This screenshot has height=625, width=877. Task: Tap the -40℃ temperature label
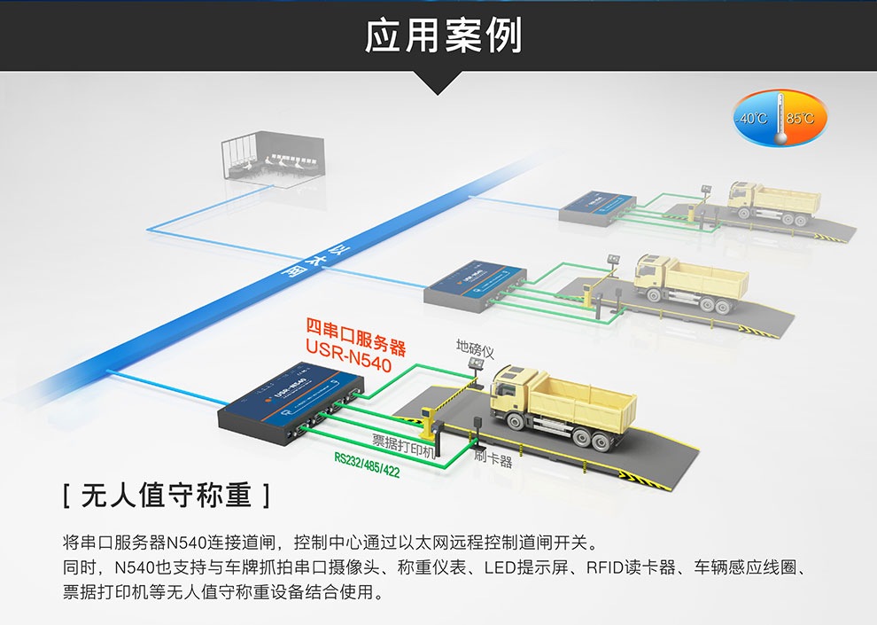coord(754,118)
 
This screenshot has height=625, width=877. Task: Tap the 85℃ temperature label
coord(802,118)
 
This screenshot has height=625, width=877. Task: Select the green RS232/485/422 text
coord(367,465)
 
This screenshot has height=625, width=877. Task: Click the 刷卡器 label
coord(493,459)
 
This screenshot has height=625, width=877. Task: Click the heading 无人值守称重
coord(167,495)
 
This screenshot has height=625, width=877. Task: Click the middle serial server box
coord(476,282)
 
